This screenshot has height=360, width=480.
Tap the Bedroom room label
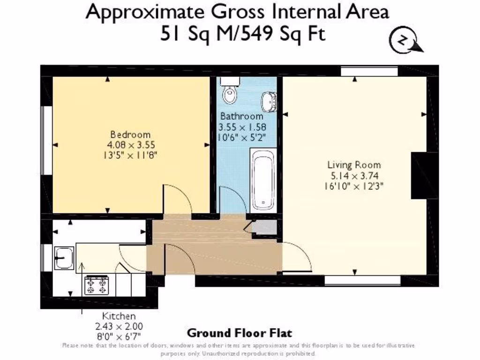(x=130, y=135)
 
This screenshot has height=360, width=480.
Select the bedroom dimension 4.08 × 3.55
(x=130, y=145)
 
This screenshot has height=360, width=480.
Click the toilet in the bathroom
(x=230, y=93)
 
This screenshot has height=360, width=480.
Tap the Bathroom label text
(x=242, y=116)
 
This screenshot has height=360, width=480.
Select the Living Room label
(x=354, y=165)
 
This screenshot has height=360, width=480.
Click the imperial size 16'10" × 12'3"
(x=354, y=186)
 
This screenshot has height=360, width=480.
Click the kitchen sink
(x=64, y=258)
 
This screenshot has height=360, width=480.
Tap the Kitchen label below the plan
(x=119, y=316)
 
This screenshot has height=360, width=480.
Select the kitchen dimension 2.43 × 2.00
(x=119, y=326)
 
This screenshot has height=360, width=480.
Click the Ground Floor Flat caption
(x=239, y=333)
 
